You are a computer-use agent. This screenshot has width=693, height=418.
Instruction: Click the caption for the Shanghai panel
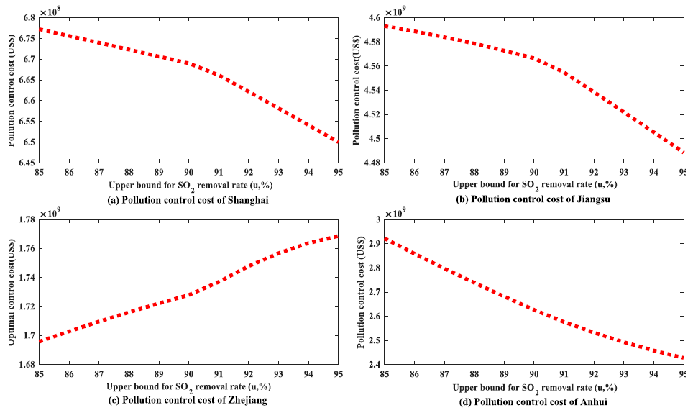(x=188, y=199)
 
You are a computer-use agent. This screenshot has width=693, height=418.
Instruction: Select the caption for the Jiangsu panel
(x=533, y=199)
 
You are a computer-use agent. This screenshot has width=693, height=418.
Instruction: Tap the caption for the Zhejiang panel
(x=188, y=401)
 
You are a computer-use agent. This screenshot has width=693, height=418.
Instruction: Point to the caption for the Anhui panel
(x=533, y=401)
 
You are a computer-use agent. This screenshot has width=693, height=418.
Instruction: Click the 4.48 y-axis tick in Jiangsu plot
(x=369, y=163)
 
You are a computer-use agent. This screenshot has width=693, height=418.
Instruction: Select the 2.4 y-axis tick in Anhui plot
(x=371, y=365)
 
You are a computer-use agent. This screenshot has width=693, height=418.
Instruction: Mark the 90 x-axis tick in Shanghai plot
(x=188, y=173)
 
